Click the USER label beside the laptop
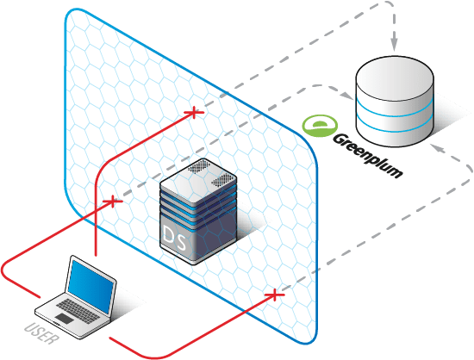point(41,333)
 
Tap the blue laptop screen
point(91,287)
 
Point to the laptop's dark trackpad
point(64,319)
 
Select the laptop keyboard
point(78,311)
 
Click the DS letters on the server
point(174,238)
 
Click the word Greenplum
point(368,156)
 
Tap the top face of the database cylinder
point(395,76)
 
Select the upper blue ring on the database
point(395,110)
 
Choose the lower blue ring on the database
point(395,126)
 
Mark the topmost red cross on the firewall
point(194,113)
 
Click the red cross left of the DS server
point(113,202)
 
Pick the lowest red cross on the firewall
point(274,295)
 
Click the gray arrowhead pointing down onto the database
point(394,45)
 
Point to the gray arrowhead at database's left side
point(346,96)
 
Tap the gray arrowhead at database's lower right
point(437,147)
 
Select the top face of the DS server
point(198,175)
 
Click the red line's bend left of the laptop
point(3,270)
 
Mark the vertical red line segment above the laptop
point(97,217)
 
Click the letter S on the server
point(181,241)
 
